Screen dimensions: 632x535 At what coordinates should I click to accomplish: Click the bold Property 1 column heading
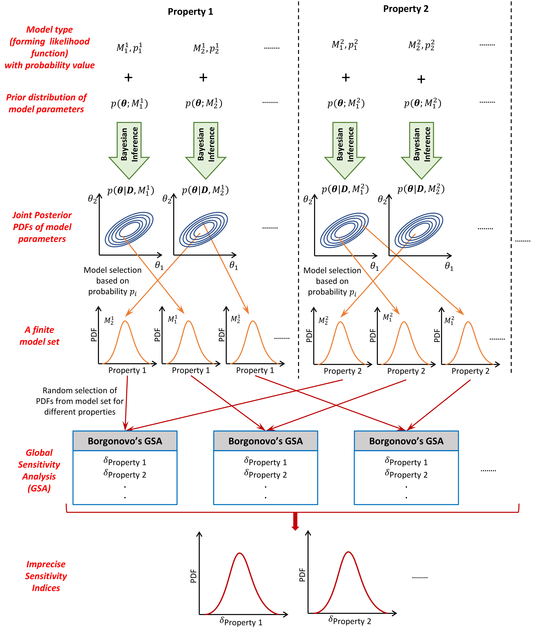point(190,12)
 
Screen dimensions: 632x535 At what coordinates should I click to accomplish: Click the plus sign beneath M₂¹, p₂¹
point(203,78)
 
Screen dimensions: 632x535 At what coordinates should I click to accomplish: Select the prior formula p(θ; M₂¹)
point(204,103)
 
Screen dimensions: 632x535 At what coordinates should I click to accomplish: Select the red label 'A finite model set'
point(39,335)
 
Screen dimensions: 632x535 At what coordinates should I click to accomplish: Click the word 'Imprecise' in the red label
point(46,564)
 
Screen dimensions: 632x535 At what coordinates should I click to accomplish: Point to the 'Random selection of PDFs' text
point(80,401)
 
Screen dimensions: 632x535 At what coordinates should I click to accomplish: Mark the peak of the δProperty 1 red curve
point(240,553)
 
